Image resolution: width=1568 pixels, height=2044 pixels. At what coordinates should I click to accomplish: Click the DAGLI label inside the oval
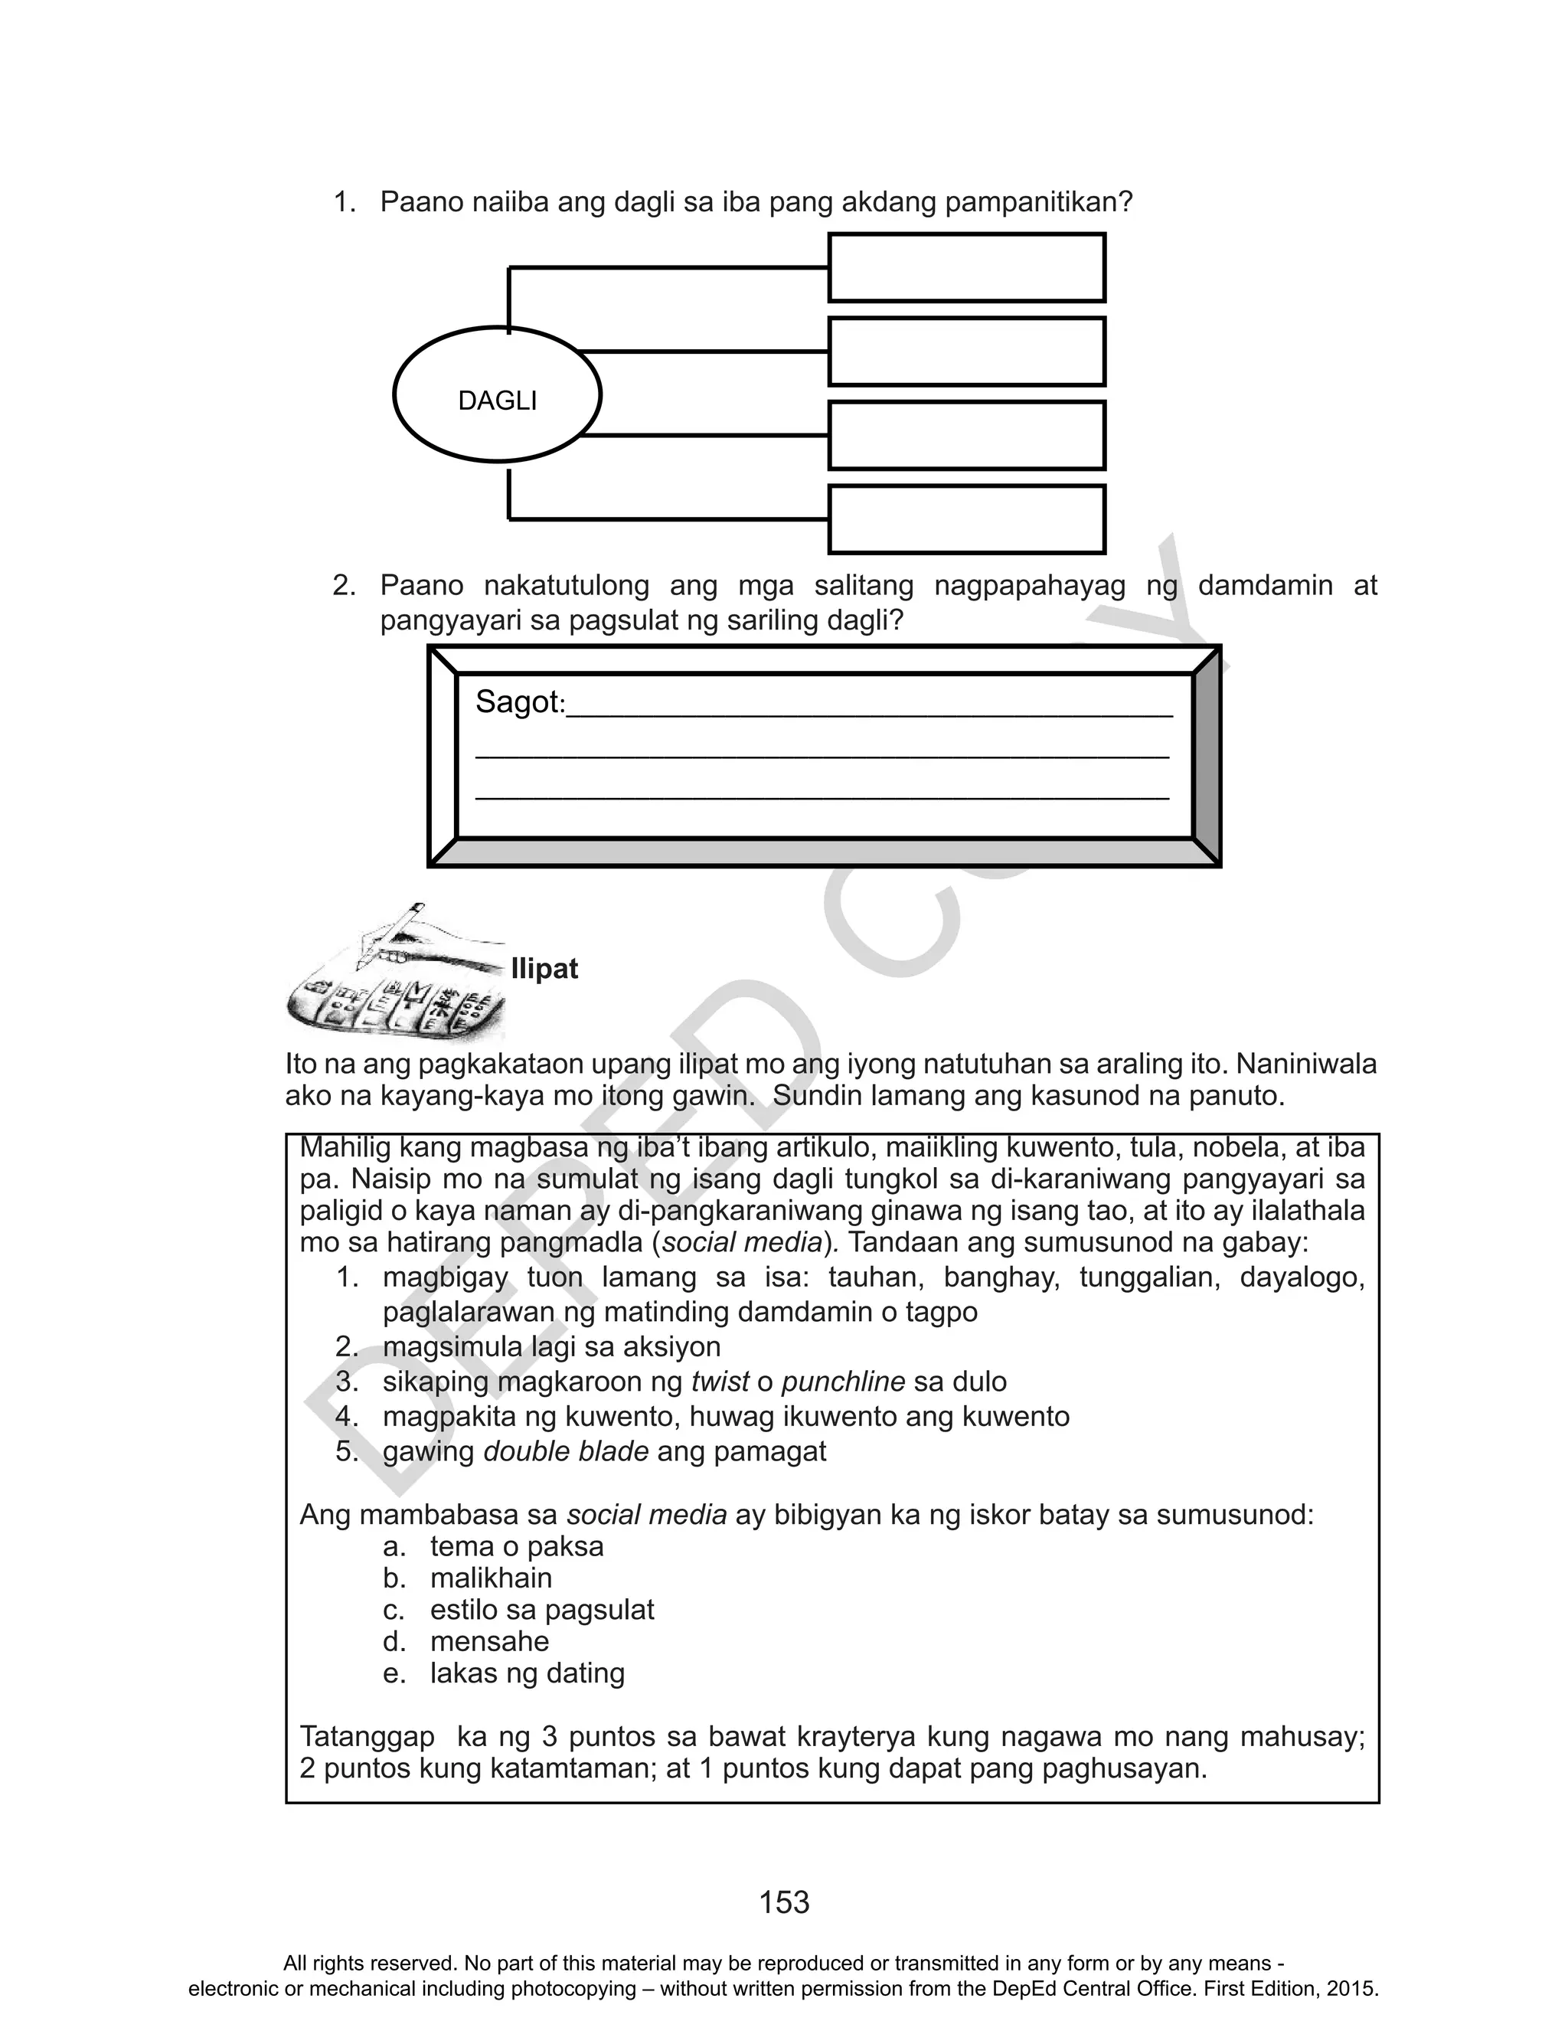(x=498, y=401)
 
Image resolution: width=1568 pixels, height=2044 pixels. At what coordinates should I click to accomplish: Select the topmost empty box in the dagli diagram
(x=966, y=268)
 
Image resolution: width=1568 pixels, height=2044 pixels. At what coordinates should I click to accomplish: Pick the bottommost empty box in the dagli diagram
(x=966, y=519)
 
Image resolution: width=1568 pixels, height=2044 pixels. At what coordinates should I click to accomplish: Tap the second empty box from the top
(x=966, y=352)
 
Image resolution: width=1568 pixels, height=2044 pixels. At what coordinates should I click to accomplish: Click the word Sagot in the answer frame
(x=519, y=702)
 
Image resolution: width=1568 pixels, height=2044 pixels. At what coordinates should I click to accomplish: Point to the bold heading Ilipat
(x=544, y=969)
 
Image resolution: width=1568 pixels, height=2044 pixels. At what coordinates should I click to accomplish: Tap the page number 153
(x=784, y=1902)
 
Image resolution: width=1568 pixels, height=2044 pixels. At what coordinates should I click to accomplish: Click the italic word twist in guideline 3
(x=719, y=1382)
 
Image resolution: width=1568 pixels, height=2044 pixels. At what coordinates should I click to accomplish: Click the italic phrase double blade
(x=566, y=1451)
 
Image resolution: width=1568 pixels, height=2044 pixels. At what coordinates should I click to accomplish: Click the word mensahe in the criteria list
(x=489, y=1641)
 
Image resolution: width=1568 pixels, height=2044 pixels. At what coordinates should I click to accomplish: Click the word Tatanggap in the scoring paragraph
(x=367, y=1737)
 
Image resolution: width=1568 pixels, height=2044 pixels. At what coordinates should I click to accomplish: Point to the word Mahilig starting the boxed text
(x=345, y=1147)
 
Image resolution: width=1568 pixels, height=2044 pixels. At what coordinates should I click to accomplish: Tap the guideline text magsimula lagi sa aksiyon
(x=550, y=1347)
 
